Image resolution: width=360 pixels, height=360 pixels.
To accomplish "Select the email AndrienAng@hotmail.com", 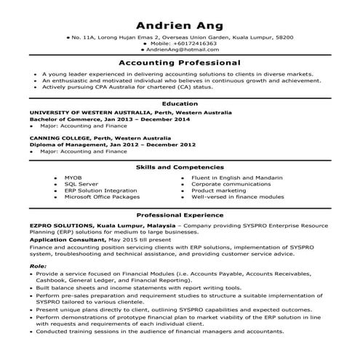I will (182, 49).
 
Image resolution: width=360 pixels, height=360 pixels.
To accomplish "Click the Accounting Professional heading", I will (180, 63).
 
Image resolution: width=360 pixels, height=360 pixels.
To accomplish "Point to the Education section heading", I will (180, 104).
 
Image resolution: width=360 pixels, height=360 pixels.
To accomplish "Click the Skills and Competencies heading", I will (180, 167).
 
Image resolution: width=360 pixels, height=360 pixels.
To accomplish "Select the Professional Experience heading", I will (180, 216).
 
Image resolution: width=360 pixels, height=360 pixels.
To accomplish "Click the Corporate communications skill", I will (231, 184).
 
